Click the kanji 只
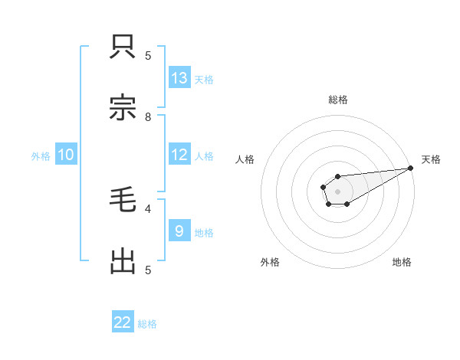pyautogui.click(x=123, y=47)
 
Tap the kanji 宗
pyautogui.click(x=123, y=108)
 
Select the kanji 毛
pyautogui.click(x=123, y=201)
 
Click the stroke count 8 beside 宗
pyautogui.click(x=148, y=117)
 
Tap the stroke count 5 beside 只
pyautogui.click(x=148, y=55)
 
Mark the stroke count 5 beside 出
pyautogui.click(x=148, y=270)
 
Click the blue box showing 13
pyautogui.click(x=179, y=78)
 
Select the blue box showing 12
pyautogui.click(x=179, y=155)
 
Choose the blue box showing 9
pyautogui.click(x=179, y=231)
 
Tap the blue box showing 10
pyautogui.click(x=66, y=155)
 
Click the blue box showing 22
pyautogui.click(x=123, y=322)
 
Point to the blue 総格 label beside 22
pyautogui.click(x=147, y=324)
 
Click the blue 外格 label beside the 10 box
pyautogui.click(x=41, y=156)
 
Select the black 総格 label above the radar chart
pyautogui.click(x=338, y=100)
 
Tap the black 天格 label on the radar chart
pyautogui.click(x=431, y=159)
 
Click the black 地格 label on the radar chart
pyautogui.click(x=402, y=262)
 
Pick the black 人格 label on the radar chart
pyautogui.click(x=245, y=159)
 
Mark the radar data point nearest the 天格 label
pyautogui.click(x=410, y=168)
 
